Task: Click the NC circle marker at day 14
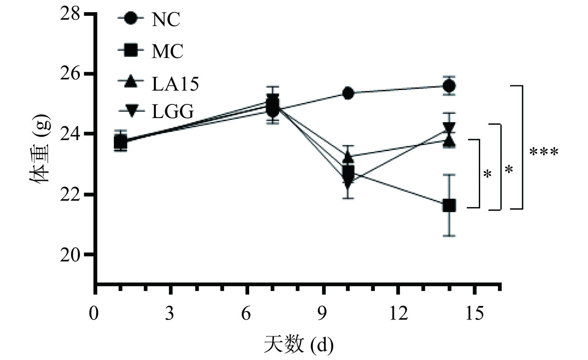(449, 86)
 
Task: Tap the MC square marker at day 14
(449, 205)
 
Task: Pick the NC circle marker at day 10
(348, 93)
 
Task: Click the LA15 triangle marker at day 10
(348, 158)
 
